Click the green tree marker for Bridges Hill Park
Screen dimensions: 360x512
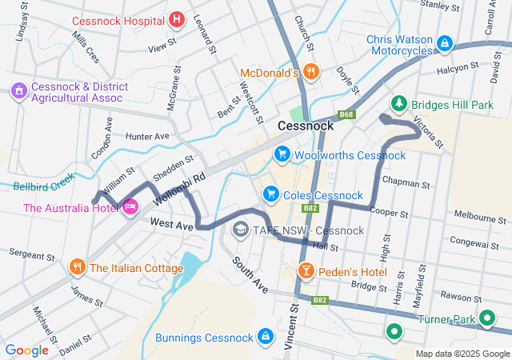point(398,104)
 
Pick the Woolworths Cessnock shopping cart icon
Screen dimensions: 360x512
point(282,154)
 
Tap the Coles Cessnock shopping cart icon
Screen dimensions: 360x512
point(270,194)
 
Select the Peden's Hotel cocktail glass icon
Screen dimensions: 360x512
point(305,271)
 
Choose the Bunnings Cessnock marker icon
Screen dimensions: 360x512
point(265,337)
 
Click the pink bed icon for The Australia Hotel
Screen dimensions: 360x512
point(130,208)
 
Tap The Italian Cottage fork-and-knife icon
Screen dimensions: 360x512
point(77,267)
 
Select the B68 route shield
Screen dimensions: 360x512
point(346,115)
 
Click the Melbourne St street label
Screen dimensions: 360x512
point(476,216)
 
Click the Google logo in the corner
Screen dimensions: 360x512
point(27,350)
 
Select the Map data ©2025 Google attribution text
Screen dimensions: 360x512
point(462,354)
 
